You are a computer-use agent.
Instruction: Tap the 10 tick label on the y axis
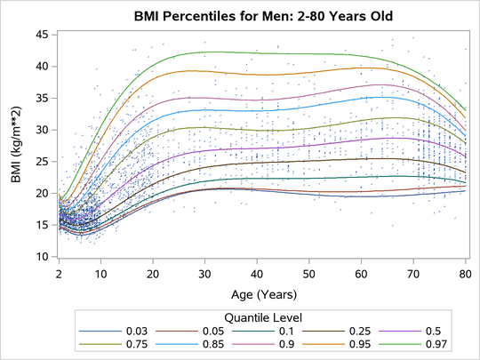pos(42,257)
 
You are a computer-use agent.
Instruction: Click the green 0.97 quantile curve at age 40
pos(257,52)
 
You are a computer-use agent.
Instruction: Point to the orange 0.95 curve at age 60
pos(361,68)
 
